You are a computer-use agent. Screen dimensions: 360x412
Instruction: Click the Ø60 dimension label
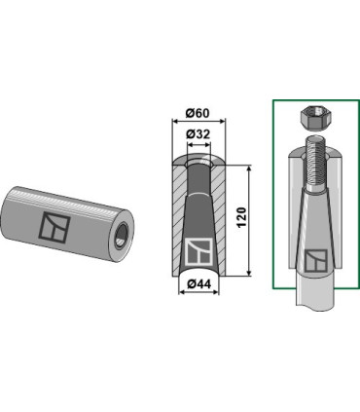click(x=198, y=113)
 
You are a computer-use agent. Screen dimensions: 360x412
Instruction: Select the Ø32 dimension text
click(x=198, y=134)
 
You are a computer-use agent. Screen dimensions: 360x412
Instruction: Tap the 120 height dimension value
click(x=242, y=217)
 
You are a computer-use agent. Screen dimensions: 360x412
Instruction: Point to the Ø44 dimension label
click(x=198, y=284)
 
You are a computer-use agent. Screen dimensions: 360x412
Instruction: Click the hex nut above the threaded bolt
click(x=313, y=118)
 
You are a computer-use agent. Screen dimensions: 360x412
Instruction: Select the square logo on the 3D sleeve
click(x=54, y=228)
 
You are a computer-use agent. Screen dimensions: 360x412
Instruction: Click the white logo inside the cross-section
click(x=199, y=251)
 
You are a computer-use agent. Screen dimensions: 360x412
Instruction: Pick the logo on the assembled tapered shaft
click(x=316, y=260)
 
